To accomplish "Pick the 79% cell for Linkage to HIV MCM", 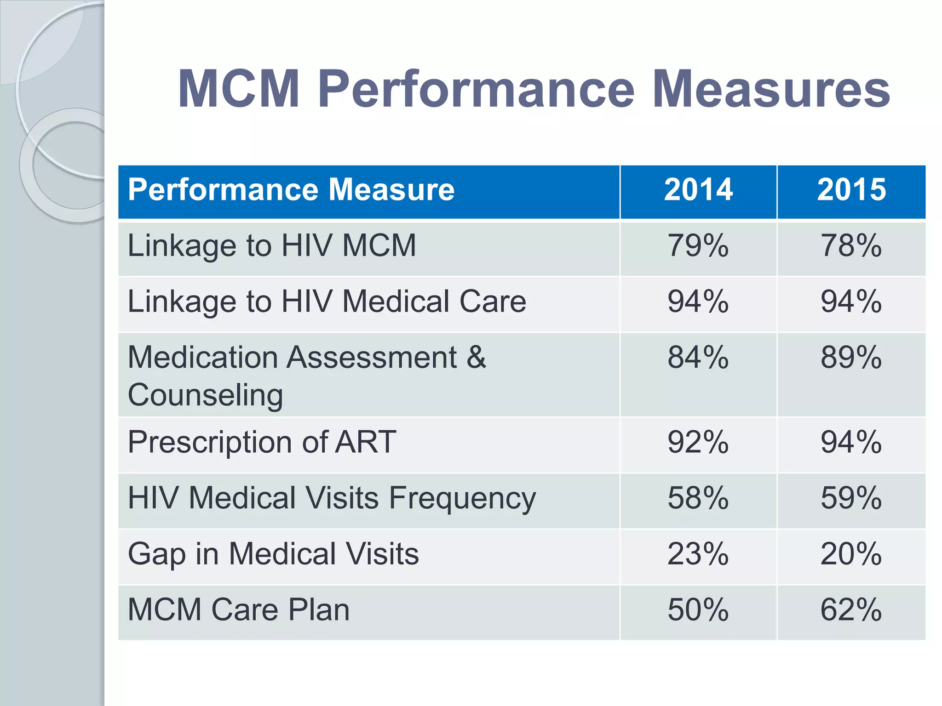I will click(698, 246).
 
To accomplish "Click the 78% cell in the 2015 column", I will click(851, 246).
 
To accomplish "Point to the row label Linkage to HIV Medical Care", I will click(327, 302).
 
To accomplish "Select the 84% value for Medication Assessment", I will click(698, 358).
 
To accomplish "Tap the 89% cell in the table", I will click(851, 358).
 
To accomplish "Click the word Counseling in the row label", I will click(205, 395).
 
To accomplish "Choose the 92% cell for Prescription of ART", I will click(698, 442).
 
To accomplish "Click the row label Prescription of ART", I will click(262, 442).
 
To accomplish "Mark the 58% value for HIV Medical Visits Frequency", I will click(698, 498).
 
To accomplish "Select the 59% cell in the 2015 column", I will click(851, 498).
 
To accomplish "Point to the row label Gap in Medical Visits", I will click(273, 554).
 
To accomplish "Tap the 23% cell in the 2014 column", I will click(698, 554).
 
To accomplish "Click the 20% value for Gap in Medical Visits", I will click(851, 554).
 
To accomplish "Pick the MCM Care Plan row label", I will click(239, 610).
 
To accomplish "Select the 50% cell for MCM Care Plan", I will click(698, 610).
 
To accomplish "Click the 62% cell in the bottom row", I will click(851, 610).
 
